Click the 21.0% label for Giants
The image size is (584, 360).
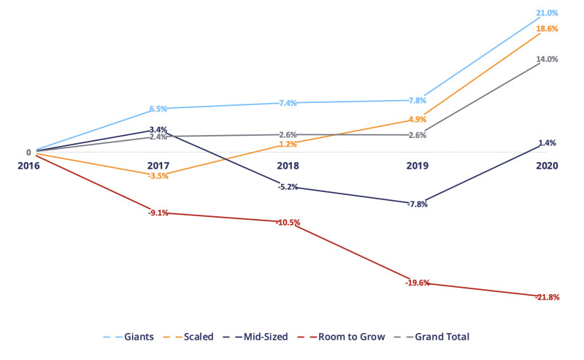(547, 13)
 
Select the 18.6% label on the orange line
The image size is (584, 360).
(547, 28)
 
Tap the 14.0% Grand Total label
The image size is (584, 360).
(547, 59)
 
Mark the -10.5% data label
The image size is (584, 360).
(288, 222)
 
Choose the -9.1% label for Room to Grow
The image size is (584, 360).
(158, 213)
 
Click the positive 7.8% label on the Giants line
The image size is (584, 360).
(418, 101)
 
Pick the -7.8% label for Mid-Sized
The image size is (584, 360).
(418, 204)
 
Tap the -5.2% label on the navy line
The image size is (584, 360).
(288, 187)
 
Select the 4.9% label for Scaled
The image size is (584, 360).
(418, 120)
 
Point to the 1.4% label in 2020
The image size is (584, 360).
(547, 143)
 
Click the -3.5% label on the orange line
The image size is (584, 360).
(158, 176)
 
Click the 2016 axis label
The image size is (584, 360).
(28, 166)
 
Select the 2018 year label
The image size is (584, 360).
(288, 166)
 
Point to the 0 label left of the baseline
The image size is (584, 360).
(29, 153)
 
